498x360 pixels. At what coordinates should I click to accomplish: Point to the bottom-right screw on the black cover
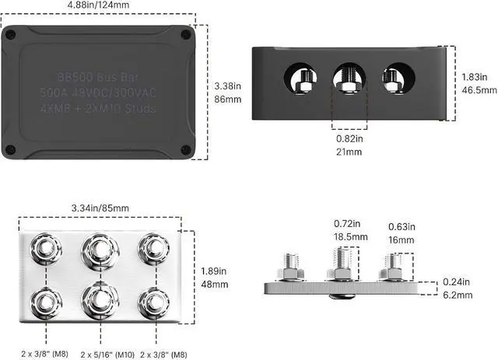pyautogui.click(x=184, y=150)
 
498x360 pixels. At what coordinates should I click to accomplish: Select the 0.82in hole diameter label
pyautogui.click(x=349, y=138)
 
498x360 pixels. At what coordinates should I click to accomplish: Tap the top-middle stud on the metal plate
pyautogui.click(x=98, y=249)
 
